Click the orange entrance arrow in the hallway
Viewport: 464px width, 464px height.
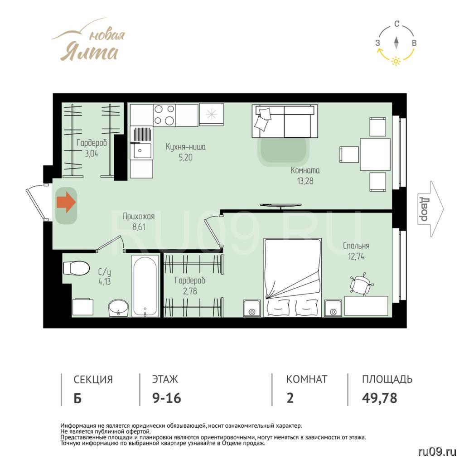[67, 202]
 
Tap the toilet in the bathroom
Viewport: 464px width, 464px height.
[76, 268]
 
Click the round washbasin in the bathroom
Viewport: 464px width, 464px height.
[118, 308]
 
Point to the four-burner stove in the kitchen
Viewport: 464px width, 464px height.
[164, 115]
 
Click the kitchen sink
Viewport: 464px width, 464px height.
[142, 150]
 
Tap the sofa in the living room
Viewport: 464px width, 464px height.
[285, 121]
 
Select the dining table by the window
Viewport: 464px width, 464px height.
[375, 154]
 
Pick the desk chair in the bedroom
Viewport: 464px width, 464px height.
[361, 285]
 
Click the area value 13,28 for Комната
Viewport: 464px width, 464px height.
[305, 181]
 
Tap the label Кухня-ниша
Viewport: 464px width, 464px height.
[185, 147]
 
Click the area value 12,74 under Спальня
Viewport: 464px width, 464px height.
[356, 256]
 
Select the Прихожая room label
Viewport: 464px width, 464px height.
[139, 217]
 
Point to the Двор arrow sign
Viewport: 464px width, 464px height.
[430, 208]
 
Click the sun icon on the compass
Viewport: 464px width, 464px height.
[396, 61]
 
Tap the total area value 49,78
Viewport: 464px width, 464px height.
[379, 398]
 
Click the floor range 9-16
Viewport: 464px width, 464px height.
[167, 398]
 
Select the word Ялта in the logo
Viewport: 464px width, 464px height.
[89, 52]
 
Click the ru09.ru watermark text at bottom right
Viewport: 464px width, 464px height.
[437, 452]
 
